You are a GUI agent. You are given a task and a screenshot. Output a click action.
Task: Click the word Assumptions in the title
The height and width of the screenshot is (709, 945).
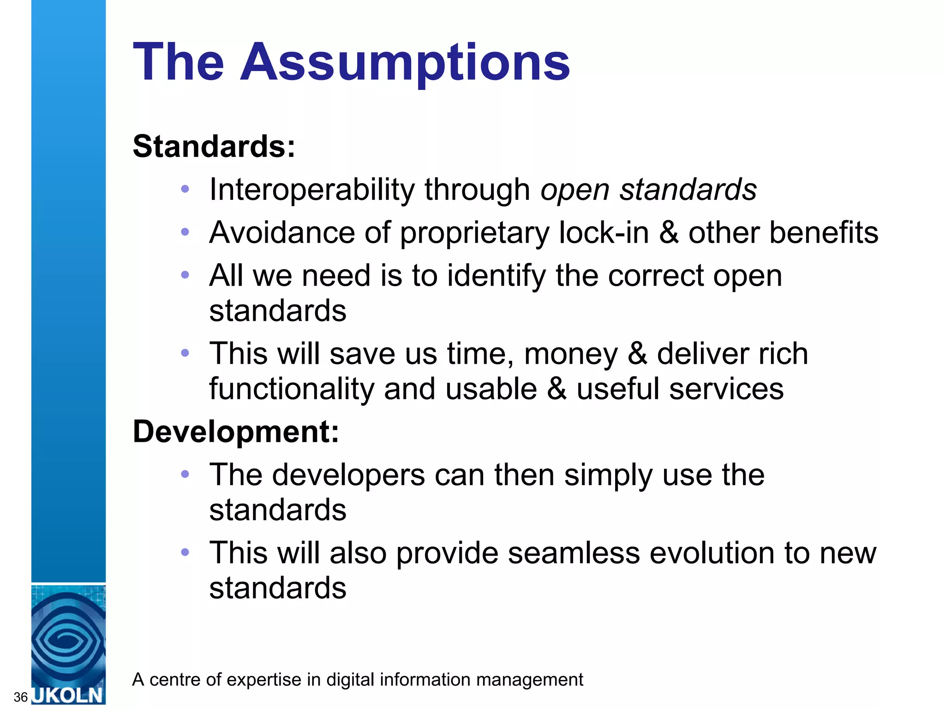click(405, 62)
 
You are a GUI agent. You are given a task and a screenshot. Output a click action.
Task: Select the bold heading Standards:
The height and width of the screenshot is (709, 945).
click(214, 146)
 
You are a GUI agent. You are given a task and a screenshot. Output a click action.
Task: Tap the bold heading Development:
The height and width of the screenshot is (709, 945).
click(236, 432)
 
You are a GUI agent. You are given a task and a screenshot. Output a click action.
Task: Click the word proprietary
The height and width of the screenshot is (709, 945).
click(474, 233)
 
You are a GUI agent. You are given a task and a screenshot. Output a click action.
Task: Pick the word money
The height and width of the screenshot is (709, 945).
click(570, 354)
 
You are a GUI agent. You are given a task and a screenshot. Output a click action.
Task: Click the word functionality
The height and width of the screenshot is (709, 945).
click(292, 389)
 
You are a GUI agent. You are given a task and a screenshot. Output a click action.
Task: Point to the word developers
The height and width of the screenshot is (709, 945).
click(348, 475)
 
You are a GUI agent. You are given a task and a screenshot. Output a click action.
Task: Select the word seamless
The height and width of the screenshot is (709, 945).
click(574, 553)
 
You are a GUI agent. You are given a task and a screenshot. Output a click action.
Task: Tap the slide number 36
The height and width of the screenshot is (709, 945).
click(20, 697)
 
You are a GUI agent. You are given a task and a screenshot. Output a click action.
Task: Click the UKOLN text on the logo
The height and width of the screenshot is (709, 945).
click(68, 695)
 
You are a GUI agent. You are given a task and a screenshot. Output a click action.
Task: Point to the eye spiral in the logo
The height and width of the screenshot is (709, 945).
click(68, 639)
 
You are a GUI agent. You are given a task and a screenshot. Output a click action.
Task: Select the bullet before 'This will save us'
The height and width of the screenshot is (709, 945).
click(185, 354)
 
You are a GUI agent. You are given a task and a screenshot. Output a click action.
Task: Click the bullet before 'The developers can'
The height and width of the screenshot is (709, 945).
click(185, 474)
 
